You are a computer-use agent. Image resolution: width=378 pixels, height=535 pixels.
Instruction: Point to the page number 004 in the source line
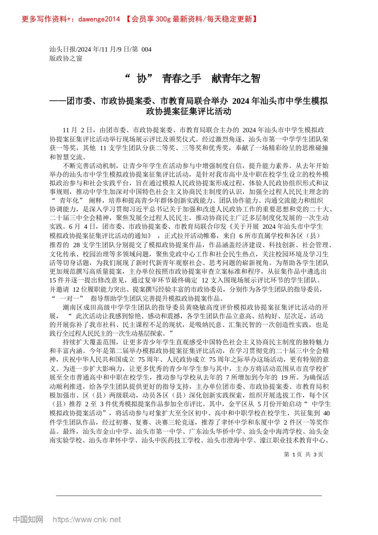click(x=146, y=49)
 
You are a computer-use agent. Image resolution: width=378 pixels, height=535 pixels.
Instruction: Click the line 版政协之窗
click(x=66, y=59)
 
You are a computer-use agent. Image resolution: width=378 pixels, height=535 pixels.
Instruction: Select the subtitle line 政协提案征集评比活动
click(x=189, y=111)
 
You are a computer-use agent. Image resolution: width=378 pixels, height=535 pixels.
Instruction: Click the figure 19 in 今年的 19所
click(x=284, y=377)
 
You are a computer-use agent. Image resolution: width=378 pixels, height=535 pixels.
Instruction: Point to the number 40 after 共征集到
click(x=326, y=413)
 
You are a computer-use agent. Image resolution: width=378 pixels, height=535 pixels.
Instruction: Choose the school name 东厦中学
click(x=267, y=422)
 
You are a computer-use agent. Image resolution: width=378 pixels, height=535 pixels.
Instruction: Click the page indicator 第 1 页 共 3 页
click(x=303, y=454)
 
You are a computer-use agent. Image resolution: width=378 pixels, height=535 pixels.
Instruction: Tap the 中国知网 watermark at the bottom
click(x=28, y=519)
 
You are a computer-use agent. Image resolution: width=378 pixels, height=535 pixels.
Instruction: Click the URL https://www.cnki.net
click(x=87, y=519)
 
